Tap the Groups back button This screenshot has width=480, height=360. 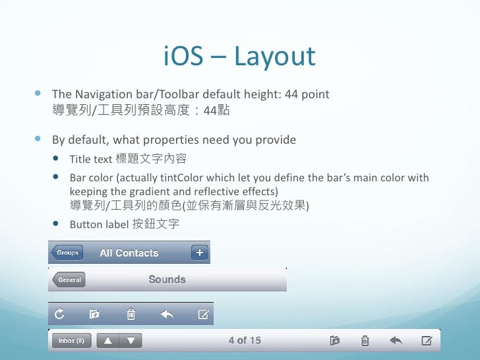tap(67, 253)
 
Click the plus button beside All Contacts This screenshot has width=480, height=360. tap(199, 253)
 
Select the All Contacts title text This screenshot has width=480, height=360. tap(129, 253)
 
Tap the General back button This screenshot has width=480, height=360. tap(69, 280)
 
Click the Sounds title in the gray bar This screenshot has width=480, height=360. tap(167, 280)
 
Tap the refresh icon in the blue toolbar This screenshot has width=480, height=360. tap(59, 315)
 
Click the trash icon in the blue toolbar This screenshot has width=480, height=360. tap(131, 315)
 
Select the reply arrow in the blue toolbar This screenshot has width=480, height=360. tap(167, 315)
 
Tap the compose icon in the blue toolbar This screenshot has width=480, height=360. tap(203, 315)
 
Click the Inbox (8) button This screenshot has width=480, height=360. tap(71, 341)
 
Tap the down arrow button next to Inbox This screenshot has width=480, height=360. tap(131, 341)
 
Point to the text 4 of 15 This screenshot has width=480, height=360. tap(245, 340)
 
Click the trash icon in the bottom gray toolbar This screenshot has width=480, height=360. tap(365, 341)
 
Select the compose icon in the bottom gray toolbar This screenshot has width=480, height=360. tap(427, 341)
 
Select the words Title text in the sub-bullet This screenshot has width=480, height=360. tap(91, 160)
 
